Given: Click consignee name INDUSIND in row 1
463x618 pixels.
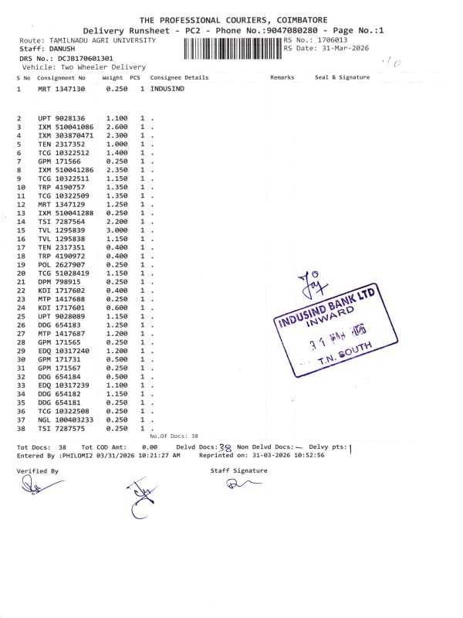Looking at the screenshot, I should point(167,90).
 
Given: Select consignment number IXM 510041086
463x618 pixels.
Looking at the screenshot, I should point(66,126).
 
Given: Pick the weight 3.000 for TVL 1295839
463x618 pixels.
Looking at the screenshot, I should point(116,230).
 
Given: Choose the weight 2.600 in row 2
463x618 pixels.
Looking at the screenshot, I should point(116,126).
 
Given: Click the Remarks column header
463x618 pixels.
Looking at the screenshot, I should point(282,77).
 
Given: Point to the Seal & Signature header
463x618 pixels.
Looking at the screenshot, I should point(342,77).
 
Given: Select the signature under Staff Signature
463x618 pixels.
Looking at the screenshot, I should point(233,484).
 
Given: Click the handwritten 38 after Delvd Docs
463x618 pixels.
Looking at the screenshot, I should point(226,447).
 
